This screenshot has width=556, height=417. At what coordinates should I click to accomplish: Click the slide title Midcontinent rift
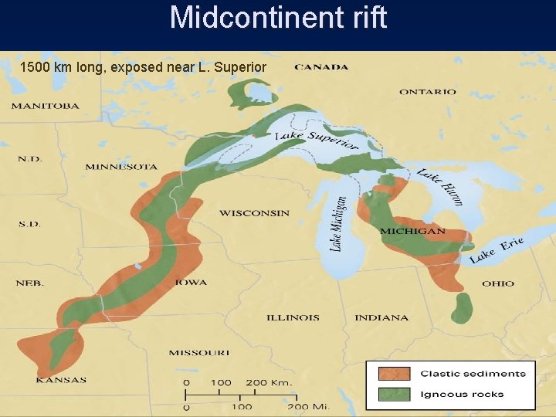278,17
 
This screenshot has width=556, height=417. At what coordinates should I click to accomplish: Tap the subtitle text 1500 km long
143,67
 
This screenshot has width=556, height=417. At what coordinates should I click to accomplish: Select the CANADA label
321,67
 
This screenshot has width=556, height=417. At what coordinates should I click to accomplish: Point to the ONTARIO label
427,92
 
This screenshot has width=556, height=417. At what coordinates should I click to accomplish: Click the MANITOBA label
45,106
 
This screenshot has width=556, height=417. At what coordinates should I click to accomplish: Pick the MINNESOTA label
121,167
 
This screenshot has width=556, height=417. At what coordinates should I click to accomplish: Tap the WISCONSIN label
254,213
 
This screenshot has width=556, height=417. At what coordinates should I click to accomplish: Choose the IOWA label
191,283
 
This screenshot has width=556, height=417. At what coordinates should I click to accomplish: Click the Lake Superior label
317,140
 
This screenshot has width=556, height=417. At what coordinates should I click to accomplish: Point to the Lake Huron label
441,186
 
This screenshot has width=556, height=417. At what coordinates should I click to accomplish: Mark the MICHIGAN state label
412,232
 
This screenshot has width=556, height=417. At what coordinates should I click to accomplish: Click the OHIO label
497,284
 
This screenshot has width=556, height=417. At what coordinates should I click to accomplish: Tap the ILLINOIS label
293,317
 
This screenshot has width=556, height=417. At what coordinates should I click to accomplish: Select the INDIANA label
381,317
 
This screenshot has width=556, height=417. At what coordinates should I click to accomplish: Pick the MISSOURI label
199,353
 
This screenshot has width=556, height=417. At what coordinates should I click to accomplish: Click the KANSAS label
61,379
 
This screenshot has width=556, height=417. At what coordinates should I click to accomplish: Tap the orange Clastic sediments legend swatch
394,374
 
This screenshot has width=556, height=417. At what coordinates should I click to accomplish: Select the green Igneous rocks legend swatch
394,394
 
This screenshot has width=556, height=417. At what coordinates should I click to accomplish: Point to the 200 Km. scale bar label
269,382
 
